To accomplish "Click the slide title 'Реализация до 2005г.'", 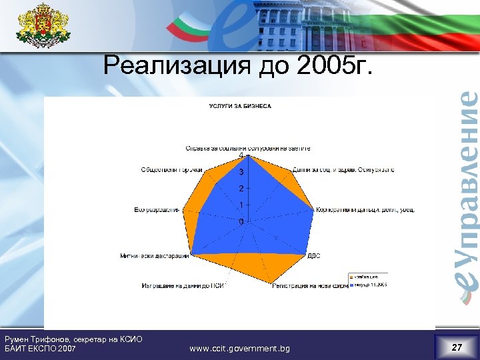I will coord(239,67).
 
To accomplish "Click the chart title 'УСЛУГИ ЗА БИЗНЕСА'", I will coord(240,106).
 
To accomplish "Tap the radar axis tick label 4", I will coord(241,156).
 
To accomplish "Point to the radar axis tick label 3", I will coord(241,172).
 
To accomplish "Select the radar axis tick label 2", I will coord(241,189).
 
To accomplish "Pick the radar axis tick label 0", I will coord(241,221).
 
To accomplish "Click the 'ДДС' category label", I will coord(314,255).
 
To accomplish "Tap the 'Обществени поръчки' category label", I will coord(171,169).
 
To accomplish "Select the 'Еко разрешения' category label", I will coord(157,209).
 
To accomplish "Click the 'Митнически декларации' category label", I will coord(155,255).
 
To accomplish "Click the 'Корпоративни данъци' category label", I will coord(366,209).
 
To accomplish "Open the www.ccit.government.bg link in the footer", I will coord(239,348).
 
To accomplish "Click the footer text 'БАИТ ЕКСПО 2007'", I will coord(40,348).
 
